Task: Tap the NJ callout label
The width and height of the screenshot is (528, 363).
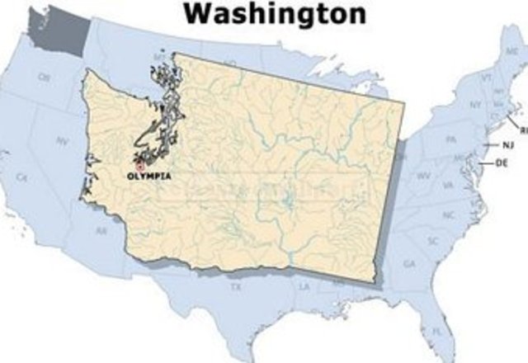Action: point(508,145)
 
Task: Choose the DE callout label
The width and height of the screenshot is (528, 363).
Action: point(501,164)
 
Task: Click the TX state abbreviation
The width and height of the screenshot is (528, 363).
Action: point(235,287)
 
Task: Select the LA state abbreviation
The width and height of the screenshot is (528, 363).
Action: point(304,286)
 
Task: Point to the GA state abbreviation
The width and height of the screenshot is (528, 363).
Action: point(409,264)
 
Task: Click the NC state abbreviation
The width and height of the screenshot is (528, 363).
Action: point(448,214)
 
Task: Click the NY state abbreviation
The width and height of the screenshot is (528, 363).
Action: point(475,106)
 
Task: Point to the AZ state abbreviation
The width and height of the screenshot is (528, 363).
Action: point(101,232)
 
